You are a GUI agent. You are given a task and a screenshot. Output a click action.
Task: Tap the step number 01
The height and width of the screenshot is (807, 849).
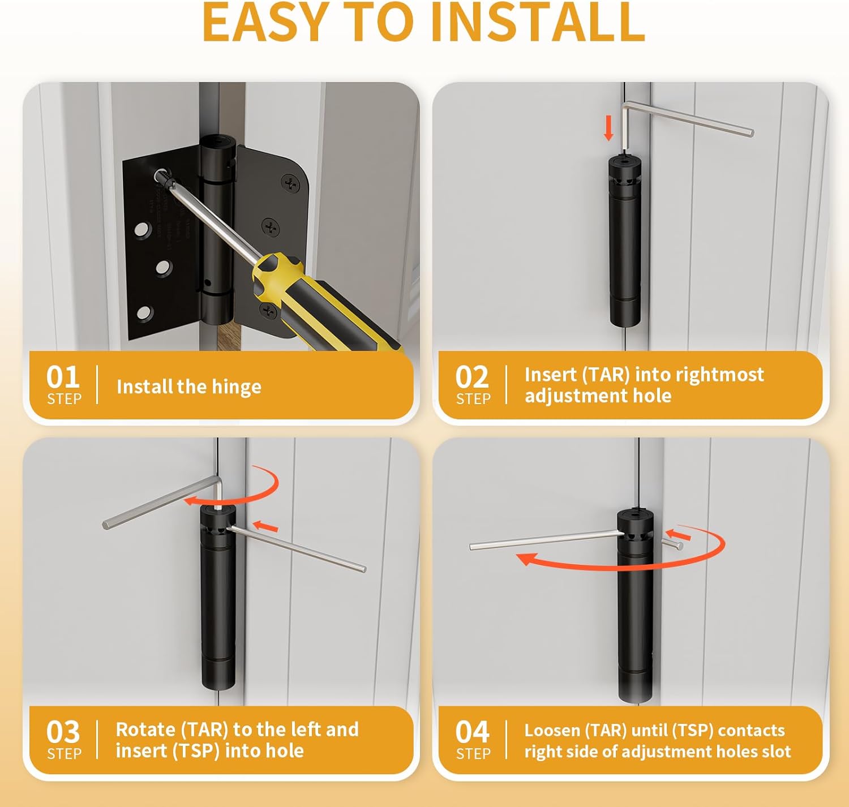click(63, 377)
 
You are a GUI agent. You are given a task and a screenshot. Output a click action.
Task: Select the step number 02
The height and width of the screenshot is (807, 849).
click(471, 377)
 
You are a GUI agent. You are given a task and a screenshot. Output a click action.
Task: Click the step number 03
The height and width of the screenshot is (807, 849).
click(63, 732)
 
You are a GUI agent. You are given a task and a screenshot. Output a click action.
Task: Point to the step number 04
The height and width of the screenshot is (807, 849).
click(471, 732)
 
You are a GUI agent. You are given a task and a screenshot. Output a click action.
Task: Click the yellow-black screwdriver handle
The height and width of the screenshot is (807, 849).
click(317, 300)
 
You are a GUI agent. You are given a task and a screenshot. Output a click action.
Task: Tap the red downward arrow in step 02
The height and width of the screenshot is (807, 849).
click(608, 128)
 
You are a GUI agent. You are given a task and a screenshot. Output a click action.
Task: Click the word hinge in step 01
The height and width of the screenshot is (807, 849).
click(237, 387)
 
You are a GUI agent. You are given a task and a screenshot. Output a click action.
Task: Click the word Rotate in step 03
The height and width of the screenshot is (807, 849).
click(145, 729)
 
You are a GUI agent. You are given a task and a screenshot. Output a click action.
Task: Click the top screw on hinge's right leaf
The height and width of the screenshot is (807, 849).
click(291, 183)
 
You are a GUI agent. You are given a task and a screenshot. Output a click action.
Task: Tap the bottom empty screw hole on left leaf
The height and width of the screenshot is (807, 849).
click(144, 312)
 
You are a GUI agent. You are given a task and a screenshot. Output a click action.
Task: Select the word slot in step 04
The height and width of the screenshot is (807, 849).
click(777, 752)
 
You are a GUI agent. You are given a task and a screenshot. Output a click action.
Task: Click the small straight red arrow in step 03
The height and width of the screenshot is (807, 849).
click(265, 527)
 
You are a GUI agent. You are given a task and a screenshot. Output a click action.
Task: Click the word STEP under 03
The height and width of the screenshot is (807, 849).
click(64, 754)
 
